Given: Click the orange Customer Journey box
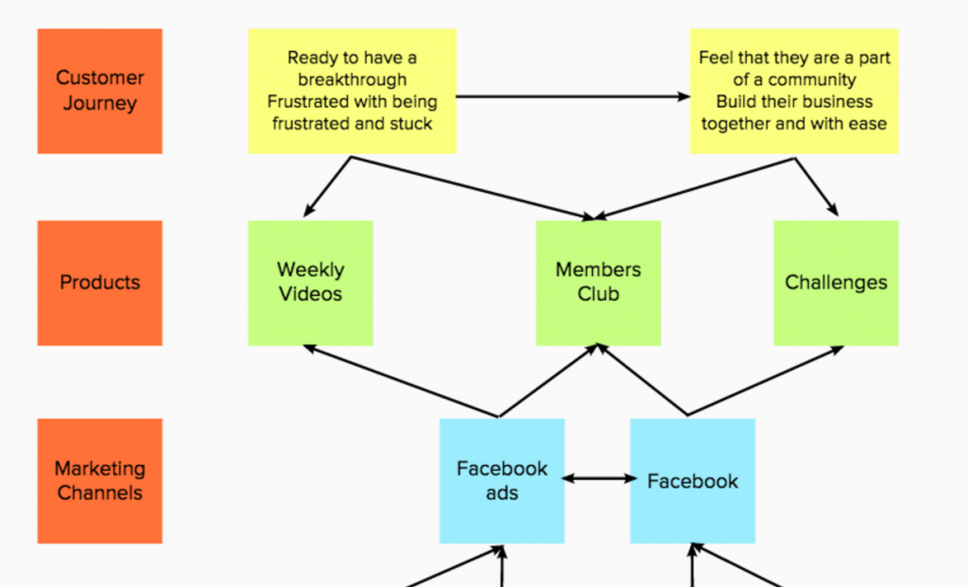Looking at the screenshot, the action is coord(100,91).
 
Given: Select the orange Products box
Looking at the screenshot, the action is coord(100,283).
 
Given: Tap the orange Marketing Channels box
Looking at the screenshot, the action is coord(100,481).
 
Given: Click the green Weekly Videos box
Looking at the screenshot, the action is coord(310,283).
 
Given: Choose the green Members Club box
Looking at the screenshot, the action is coord(598,283).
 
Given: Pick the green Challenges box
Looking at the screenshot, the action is coord(836,283).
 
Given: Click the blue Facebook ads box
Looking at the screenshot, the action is coord(502,481).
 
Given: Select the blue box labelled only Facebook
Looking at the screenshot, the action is coord(693,481).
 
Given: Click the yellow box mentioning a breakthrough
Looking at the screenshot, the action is coord(353,91).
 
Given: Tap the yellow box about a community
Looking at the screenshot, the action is coord(794,91).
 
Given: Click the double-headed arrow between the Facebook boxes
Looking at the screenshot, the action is coord(598,478).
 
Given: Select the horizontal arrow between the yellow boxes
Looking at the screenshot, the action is coord(573,96).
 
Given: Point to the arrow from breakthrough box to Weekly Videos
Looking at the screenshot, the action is coord(327,187).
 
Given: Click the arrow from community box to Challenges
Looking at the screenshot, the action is coord(817,187).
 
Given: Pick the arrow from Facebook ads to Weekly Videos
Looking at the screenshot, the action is coord(401,381).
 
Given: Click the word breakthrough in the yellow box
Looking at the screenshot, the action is coord(353,79).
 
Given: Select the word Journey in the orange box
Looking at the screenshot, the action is coord(100,103).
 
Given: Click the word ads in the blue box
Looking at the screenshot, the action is coord(502,493).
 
